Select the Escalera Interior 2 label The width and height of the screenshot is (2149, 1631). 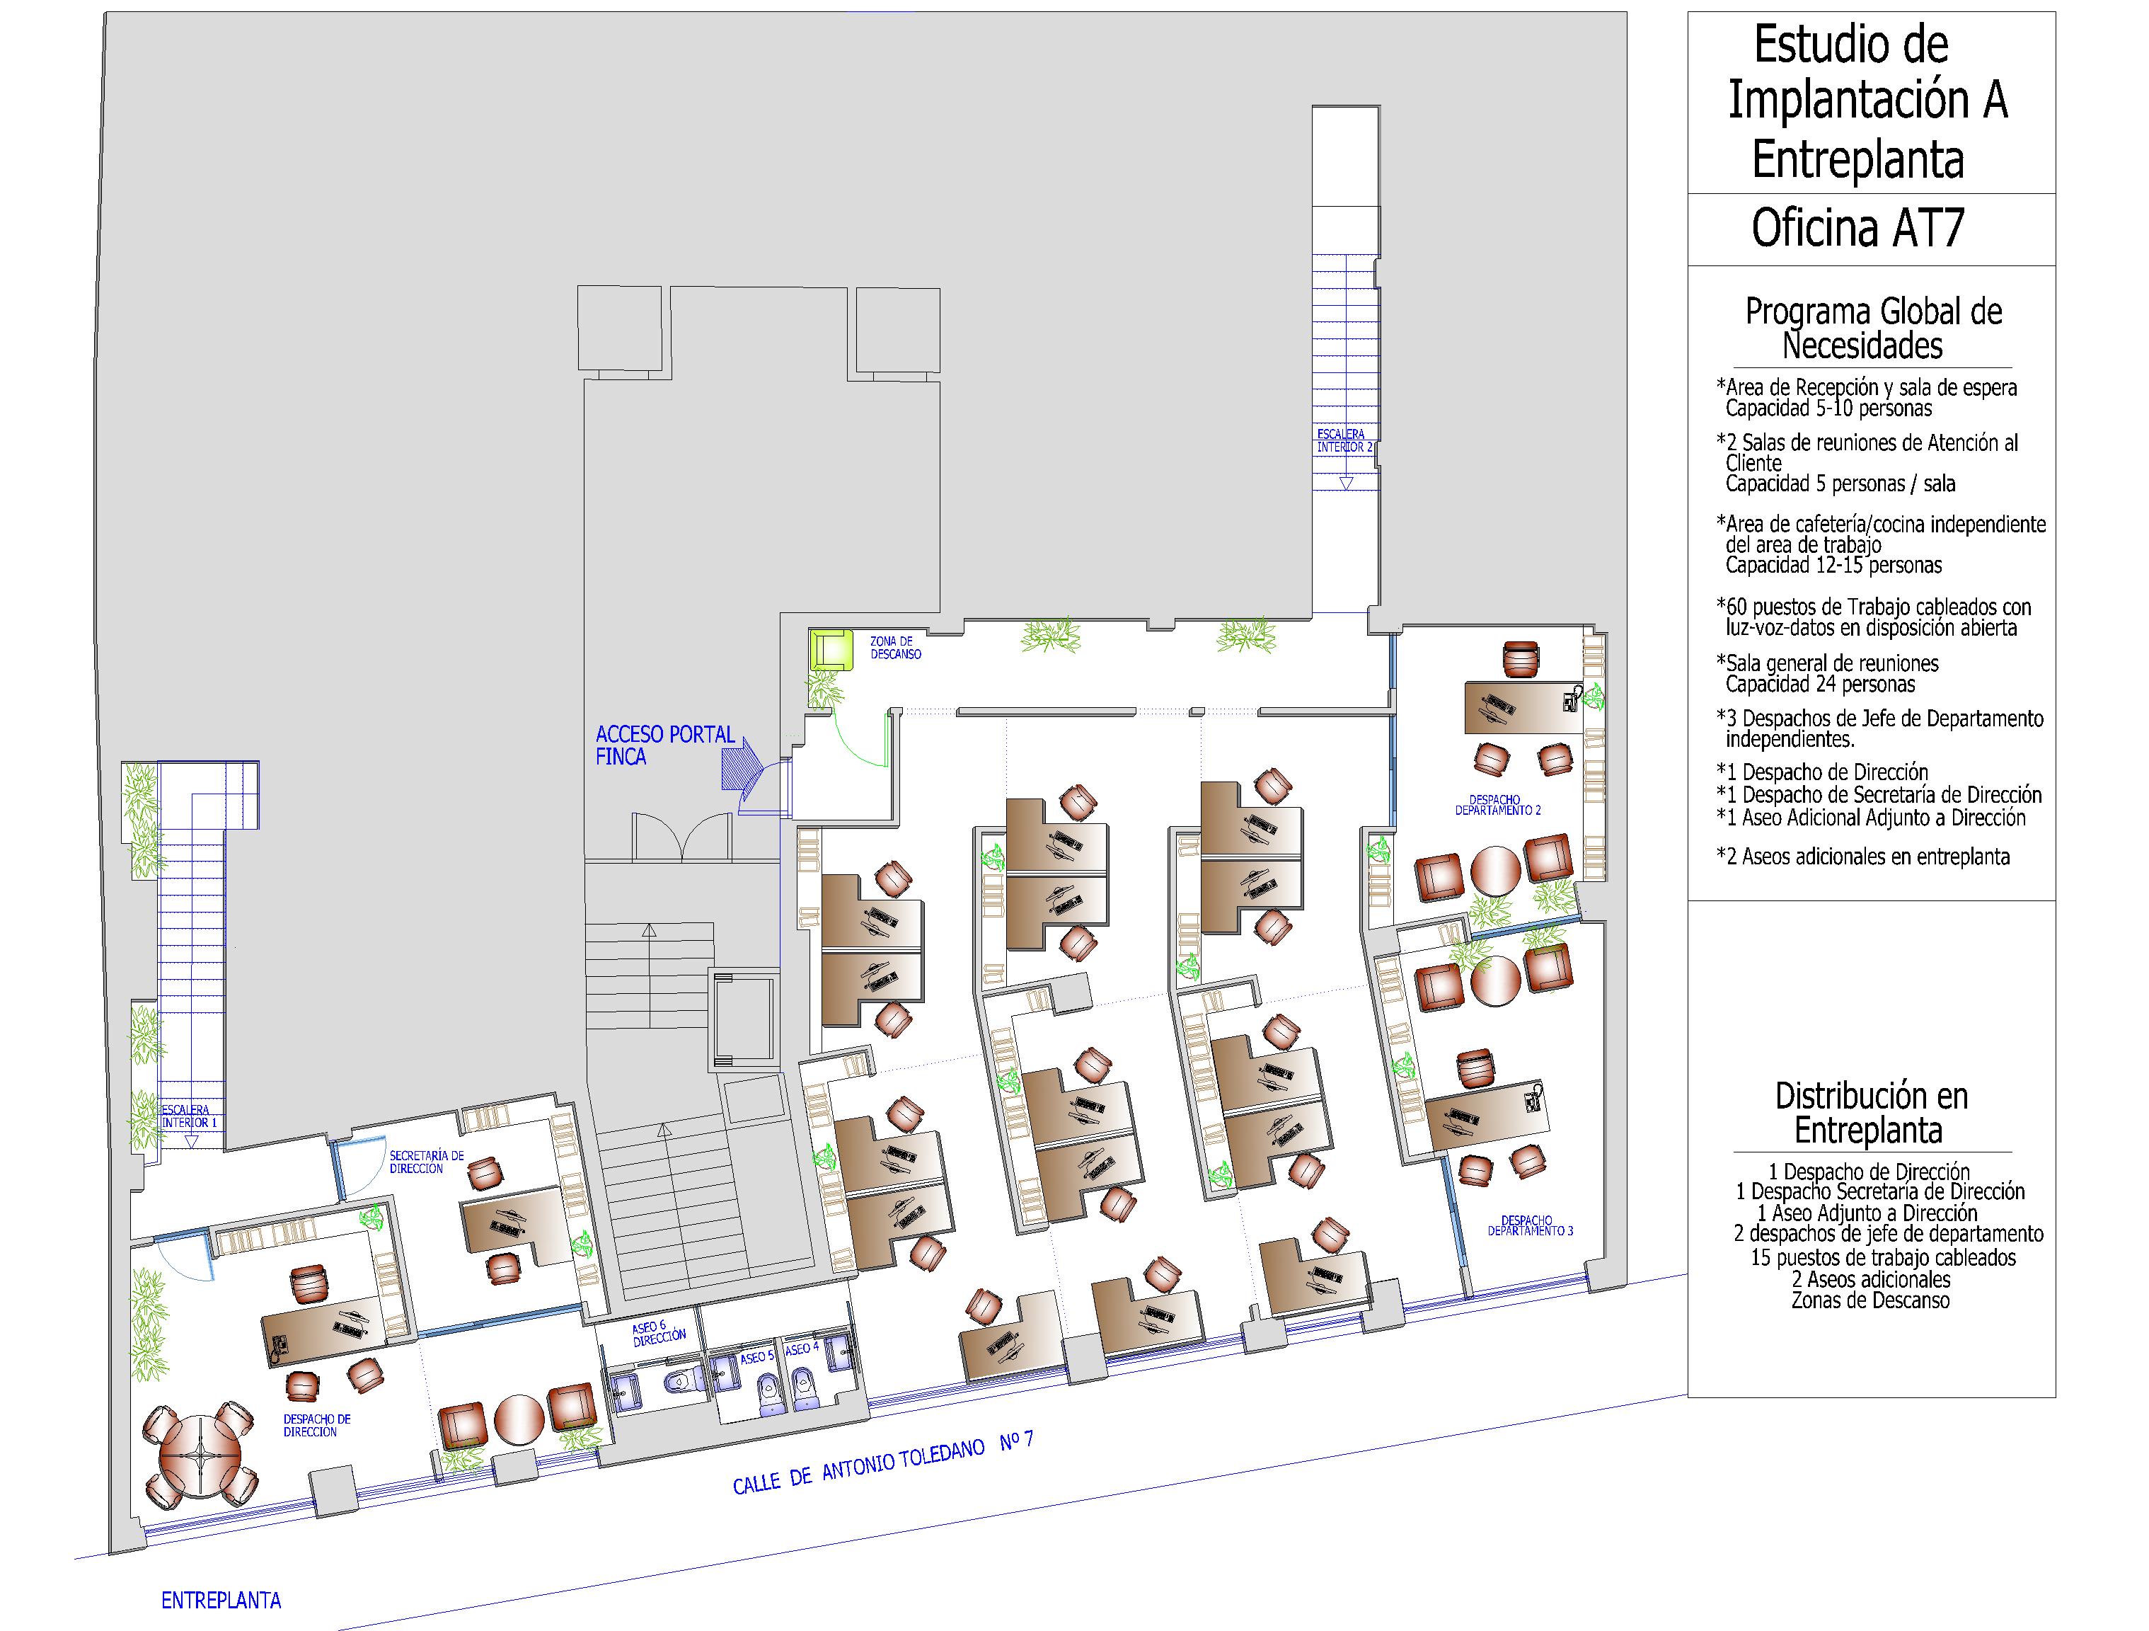tap(1344, 440)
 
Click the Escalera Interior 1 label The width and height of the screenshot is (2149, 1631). tap(188, 1116)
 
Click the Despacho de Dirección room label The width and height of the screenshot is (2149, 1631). tap(317, 1426)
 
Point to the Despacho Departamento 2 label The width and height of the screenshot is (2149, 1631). tap(1497, 805)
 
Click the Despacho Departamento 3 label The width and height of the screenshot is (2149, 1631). tap(1530, 1225)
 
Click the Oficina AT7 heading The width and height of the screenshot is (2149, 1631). tap(1857, 229)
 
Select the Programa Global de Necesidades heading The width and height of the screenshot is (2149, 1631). tap(1873, 328)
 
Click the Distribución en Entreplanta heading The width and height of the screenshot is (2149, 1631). tap(1871, 1112)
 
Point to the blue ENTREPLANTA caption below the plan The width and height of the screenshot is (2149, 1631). tap(221, 1600)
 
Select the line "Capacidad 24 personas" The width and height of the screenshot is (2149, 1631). tap(1820, 685)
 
